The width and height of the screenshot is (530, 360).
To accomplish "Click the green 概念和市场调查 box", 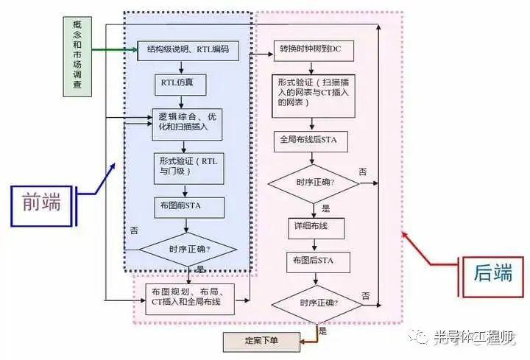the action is pyautogui.click(x=77, y=57).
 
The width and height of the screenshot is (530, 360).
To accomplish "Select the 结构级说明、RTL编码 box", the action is pyautogui.click(x=188, y=51).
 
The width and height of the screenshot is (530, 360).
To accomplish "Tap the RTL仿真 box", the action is pyautogui.click(x=180, y=85).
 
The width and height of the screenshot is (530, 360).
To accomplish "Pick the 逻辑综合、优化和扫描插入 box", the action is pyautogui.click(x=187, y=124).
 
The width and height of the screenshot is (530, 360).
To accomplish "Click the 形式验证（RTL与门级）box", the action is pyautogui.click(x=189, y=169).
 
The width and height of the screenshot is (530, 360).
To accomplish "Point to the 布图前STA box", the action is pyautogui.click(x=189, y=208).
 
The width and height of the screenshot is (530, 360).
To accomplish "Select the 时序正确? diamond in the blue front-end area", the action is pyautogui.click(x=188, y=250).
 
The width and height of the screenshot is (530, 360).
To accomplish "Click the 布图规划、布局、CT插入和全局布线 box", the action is pyautogui.click(x=190, y=299).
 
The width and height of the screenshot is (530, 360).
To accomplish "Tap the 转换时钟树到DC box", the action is pyautogui.click(x=314, y=51).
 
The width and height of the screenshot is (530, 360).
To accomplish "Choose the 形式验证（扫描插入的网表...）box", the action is pyautogui.click(x=314, y=96).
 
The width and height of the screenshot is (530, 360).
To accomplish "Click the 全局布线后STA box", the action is pyautogui.click(x=311, y=141).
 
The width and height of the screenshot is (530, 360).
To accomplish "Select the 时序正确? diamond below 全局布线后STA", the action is pyautogui.click(x=314, y=184).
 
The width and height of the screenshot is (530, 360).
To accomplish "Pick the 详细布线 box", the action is pyautogui.click(x=317, y=228).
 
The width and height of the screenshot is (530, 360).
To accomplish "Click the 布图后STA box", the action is pyautogui.click(x=318, y=262).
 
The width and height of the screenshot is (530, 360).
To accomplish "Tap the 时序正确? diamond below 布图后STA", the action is pyautogui.click(x=317, y=304).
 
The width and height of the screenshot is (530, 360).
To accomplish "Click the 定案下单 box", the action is pyautogui.click(x=261, y=342).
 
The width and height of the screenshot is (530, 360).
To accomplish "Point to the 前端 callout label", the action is pyautogui.click(x=41, y=206).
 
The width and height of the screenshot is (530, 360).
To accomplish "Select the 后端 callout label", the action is pyautogui.click(x=493, y=278).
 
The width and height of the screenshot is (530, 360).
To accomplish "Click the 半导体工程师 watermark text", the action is pyautogui.click(x=474, y=336).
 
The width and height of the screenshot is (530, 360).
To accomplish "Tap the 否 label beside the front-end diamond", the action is pyautogui.click(x=134, y=230).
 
